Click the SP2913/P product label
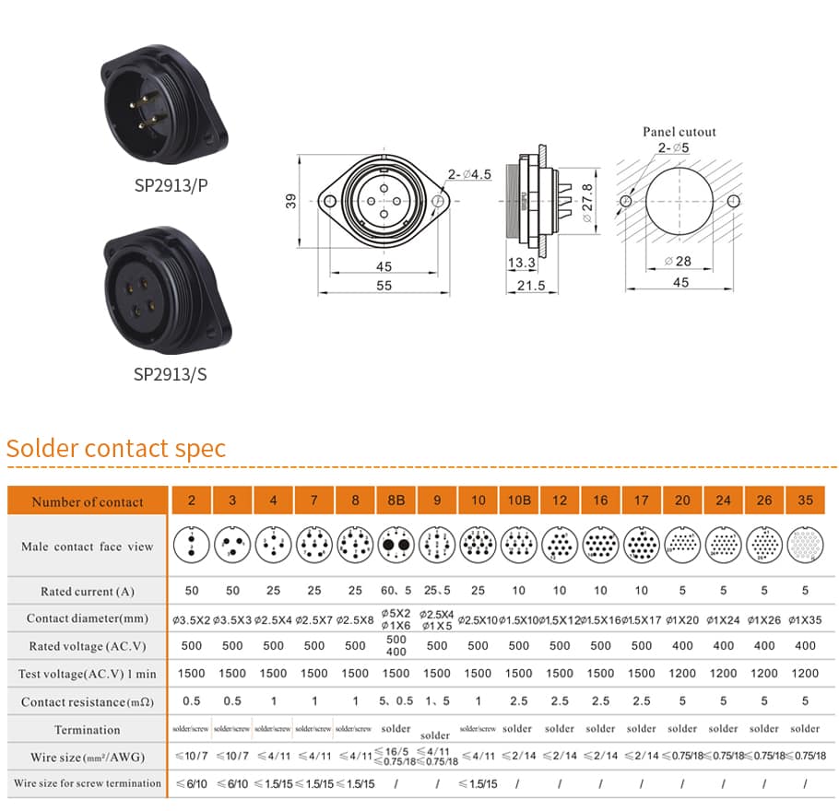pos(171,184)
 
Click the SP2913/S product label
pos(171,374)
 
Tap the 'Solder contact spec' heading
pos(116,449)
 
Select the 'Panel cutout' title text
pos(679,132)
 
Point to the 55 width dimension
pos(384,286)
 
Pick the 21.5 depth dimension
pos(532,286)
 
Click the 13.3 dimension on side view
pos(521,263)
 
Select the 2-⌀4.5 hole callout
pos(469,174)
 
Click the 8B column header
pos(396,500)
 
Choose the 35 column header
pos(805,500)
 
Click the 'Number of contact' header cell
pos(88,501)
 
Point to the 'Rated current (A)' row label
pos(88,591)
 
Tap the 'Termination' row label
pos(88,729)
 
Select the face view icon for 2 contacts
pos(192,546)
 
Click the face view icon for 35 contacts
pos(805,546)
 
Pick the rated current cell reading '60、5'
pos(396,591)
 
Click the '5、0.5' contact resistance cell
pos(396,701)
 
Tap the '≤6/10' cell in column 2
pos(192,783)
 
